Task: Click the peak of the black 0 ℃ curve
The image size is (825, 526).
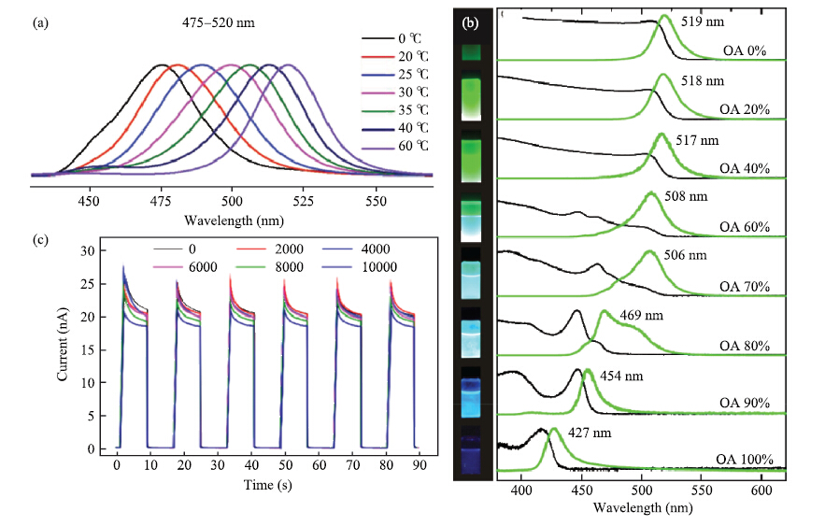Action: pos(162,64)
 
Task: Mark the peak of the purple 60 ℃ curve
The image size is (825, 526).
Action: pos(288,64)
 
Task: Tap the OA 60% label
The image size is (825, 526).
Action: pos(745,227)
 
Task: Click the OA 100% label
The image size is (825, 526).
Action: pos(745,460)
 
